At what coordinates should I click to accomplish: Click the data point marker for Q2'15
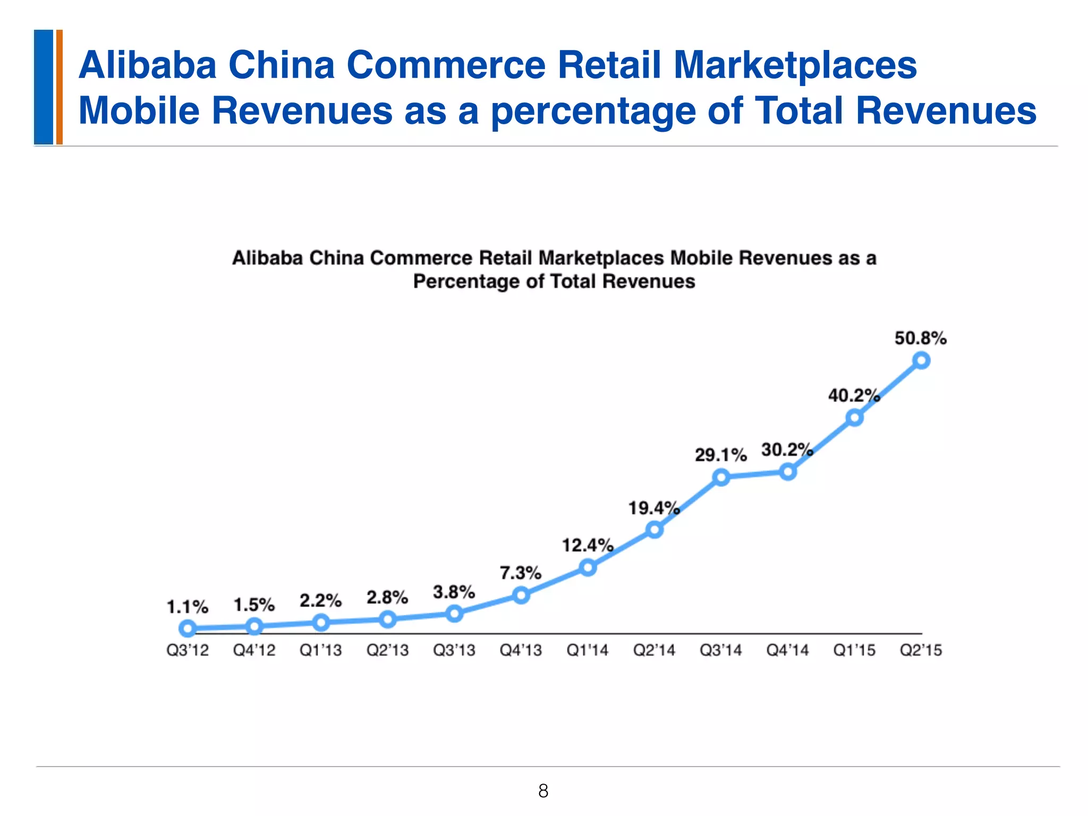point(921,361)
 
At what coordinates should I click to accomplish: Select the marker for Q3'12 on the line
point(188,629)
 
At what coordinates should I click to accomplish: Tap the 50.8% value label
point(920,338)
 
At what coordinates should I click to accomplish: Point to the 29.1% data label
point(720,455)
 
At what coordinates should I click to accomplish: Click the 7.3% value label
point(520,573)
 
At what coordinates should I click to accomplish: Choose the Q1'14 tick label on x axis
point(587,650)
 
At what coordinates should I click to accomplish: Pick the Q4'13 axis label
point(521,650)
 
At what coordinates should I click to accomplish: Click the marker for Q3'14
point(721,477)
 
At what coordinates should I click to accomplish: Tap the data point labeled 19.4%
point(654,530)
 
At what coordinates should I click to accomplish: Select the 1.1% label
point(188,607)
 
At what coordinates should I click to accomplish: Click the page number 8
point(543,791)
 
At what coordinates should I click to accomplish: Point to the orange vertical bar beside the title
point(59,87)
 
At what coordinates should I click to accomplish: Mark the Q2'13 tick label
point(387,650)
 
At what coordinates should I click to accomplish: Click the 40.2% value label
point(854,396)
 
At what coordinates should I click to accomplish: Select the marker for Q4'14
point(788,472)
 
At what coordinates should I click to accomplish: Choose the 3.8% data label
point(454,592)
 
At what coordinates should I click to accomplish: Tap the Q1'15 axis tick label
point(854,650)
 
